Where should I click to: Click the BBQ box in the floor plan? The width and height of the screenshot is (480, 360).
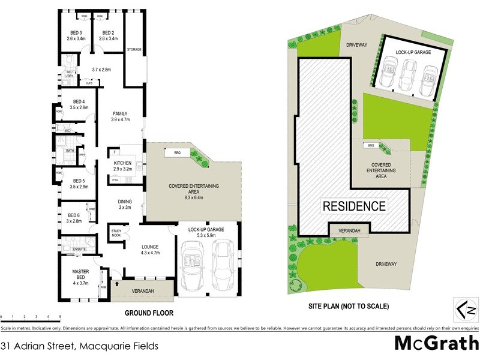click(176, 152)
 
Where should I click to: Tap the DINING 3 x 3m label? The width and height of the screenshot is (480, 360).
click(125, 204)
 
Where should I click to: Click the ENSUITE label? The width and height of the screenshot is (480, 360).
click(80, 249)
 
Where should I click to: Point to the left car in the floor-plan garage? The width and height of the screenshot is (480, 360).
click(193, 267)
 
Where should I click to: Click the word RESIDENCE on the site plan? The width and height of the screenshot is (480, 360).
click(354, 206)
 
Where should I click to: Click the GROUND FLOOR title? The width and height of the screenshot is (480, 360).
click(149, 313)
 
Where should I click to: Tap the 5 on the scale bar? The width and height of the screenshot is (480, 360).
click(59, 316)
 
